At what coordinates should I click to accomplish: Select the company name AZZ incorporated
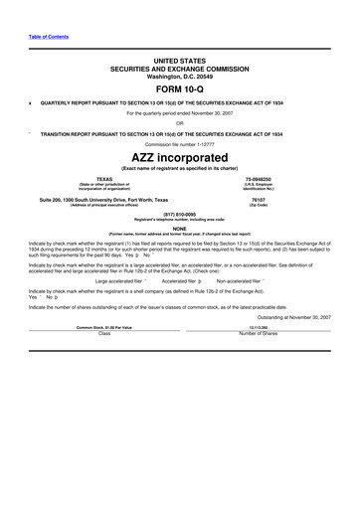pos(179,157)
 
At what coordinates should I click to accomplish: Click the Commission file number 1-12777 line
pos(179,144)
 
